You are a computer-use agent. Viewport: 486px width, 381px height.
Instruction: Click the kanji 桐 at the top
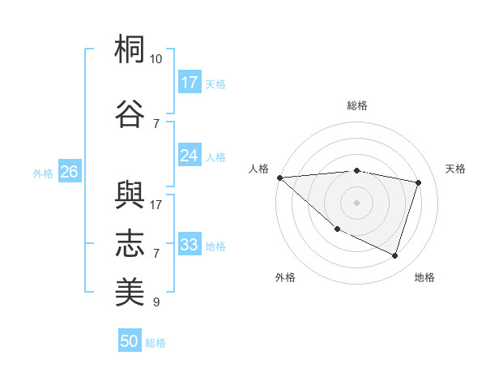(x=130, y=49)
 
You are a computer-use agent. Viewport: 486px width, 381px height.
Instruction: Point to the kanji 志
(x=130, y=242)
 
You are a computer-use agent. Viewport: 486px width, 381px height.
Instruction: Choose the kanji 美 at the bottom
(x=130, y=291)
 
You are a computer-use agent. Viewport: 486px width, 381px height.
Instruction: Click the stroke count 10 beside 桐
(x=156, y=59)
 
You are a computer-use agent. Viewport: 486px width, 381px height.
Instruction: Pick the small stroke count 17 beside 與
(x=156, y=204)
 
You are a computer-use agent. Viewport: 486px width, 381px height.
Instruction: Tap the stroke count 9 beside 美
(x=156, y=302)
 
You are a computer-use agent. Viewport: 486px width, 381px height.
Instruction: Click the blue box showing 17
(x=190, y=83)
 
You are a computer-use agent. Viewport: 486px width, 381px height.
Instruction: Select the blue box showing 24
(x=190, y=156)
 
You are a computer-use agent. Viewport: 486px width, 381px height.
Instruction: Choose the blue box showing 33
(x=190, y=245)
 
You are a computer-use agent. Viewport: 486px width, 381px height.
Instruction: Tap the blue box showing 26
(x=69, y=172)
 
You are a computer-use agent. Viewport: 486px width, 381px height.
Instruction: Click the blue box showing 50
(x=130, y=341)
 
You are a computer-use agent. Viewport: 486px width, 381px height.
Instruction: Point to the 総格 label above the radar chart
(x=356, y=105)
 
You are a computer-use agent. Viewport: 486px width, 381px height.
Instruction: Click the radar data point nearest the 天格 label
(x=419, y=182)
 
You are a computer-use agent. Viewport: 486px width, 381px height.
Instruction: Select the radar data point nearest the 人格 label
(x=279, y=178)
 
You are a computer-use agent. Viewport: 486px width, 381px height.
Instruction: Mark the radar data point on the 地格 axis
(x=394, y=255)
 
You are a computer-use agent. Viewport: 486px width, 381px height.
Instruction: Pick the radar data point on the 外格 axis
(x=337, y=229)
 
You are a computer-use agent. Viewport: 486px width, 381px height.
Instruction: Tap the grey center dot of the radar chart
(x=356, y=203)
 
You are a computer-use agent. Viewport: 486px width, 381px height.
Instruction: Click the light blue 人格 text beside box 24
(x=215, y=156)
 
